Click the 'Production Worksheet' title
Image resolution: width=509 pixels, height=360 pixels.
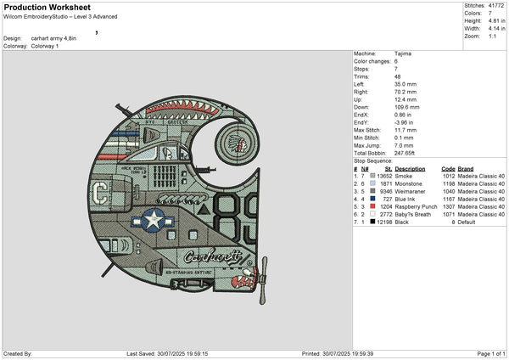41,6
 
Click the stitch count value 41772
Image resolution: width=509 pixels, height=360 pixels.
495,5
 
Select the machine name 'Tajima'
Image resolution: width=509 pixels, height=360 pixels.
404,53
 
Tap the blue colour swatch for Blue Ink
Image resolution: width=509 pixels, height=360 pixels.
372,200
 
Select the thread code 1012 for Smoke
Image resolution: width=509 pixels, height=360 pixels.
448,177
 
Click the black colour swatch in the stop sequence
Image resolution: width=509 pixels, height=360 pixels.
372,222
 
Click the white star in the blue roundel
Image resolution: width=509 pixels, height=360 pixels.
153,221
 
